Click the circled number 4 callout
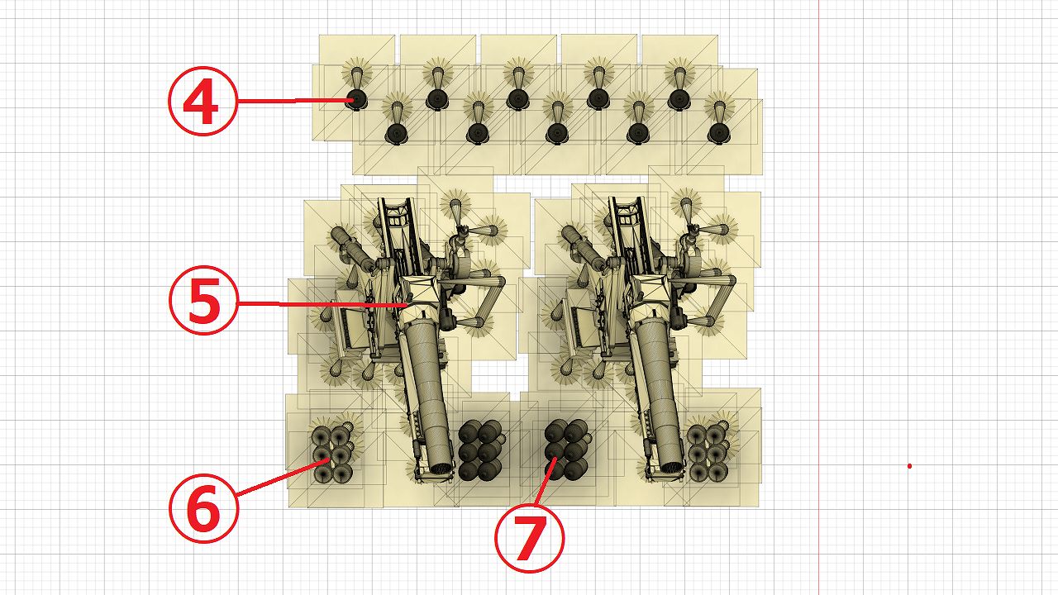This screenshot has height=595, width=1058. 203,101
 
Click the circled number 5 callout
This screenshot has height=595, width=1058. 203,300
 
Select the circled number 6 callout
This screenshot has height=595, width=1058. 203,508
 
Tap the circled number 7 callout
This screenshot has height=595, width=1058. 530,538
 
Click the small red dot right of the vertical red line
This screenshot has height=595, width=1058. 909,466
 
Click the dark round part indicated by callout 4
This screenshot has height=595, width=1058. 355,100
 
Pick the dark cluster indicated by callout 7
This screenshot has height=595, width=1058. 567,449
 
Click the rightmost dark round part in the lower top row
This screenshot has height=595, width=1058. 718,134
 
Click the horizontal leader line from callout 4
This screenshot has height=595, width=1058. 293,101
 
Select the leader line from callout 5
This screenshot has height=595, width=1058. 322,304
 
